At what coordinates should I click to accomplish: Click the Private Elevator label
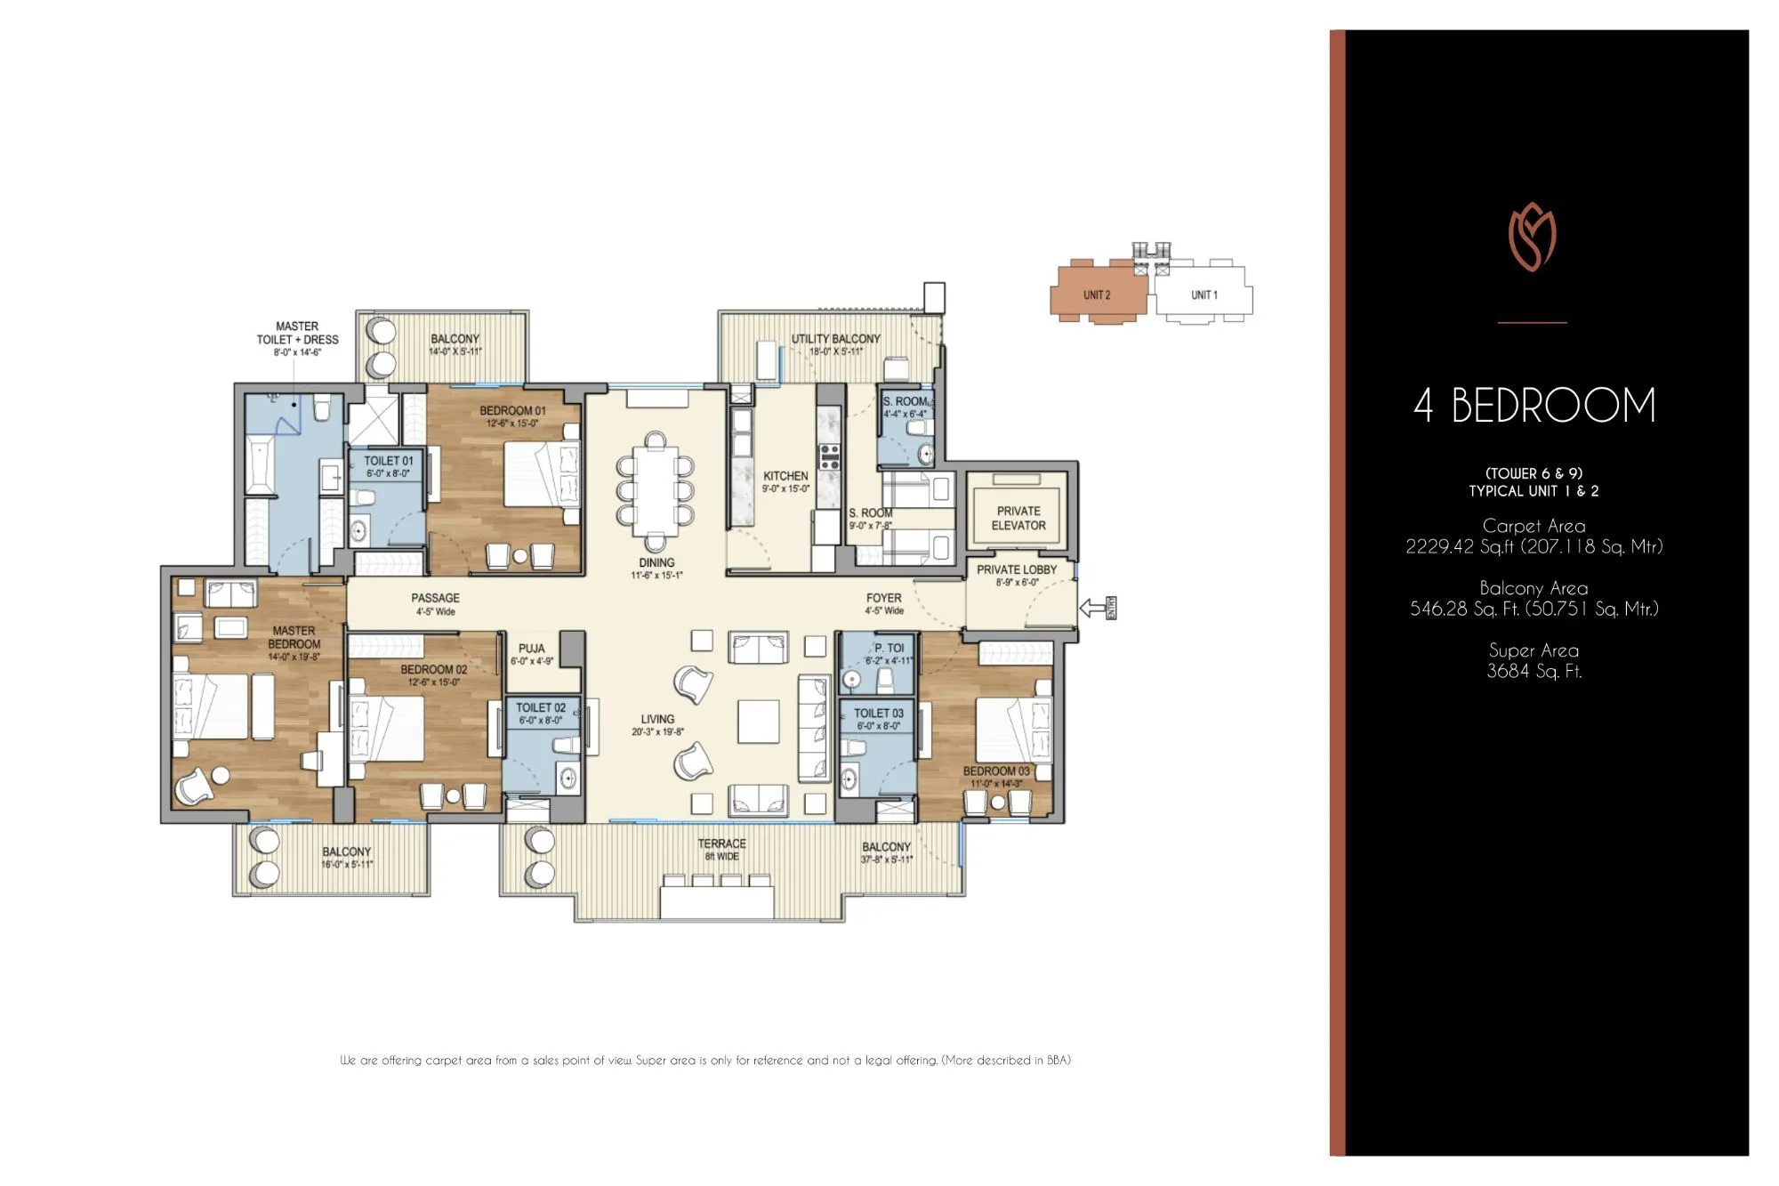tap(1018, 518)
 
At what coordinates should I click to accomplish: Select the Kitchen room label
tap(785, 481)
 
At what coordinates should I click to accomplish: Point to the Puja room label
tap(532, 654)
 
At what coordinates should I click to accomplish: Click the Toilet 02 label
tap(540, 713)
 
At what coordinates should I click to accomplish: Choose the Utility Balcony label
tap(835, 344)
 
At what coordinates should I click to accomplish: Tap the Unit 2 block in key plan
tap(1096, 294)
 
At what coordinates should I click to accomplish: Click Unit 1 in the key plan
tap(1203, 294)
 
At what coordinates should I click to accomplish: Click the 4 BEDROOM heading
tap(1533, 406)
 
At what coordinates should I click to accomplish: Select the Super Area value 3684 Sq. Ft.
tap(1533, 672)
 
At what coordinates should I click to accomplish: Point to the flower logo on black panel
tap(1532, 238)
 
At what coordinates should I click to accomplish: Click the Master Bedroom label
tap(294, 642)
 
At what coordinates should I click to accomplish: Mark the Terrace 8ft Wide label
tap(721, 849)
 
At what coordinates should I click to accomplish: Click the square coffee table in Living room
tap(758, 721)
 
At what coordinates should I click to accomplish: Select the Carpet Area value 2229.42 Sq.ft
tap(1533, 546)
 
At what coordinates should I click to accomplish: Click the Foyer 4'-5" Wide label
tap(883, 603)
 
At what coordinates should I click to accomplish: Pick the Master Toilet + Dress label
tap(297, 338)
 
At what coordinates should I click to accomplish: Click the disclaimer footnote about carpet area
tap(704, 1060)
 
